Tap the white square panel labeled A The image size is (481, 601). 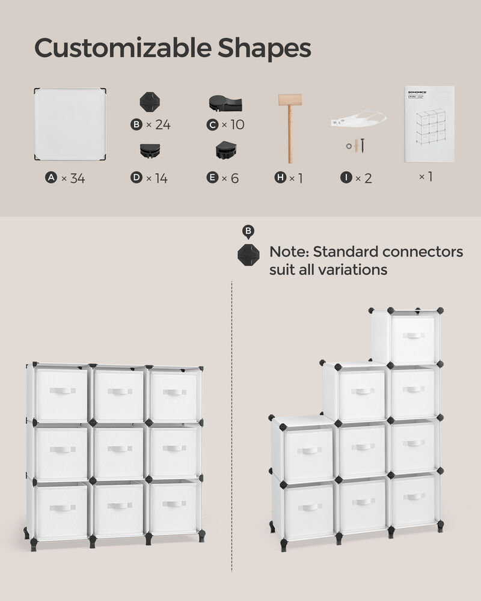(70, 124)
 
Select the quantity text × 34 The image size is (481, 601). (73, 178)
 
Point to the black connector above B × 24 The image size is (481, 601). (150, 102)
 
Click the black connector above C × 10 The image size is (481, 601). (225, 103)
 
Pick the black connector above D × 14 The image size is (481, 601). (150, 150)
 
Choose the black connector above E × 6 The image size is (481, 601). (225, 150)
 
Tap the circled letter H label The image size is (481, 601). (280, 178)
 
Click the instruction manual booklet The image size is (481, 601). (429, 124)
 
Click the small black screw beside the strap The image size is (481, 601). (363, 145)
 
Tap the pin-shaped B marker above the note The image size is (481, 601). (248, 231)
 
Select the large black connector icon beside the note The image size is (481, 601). (248, 255)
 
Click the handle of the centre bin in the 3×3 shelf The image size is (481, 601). (120, 449)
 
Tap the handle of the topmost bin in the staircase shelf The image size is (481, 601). (413, 335)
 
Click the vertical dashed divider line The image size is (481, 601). (232, 421)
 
